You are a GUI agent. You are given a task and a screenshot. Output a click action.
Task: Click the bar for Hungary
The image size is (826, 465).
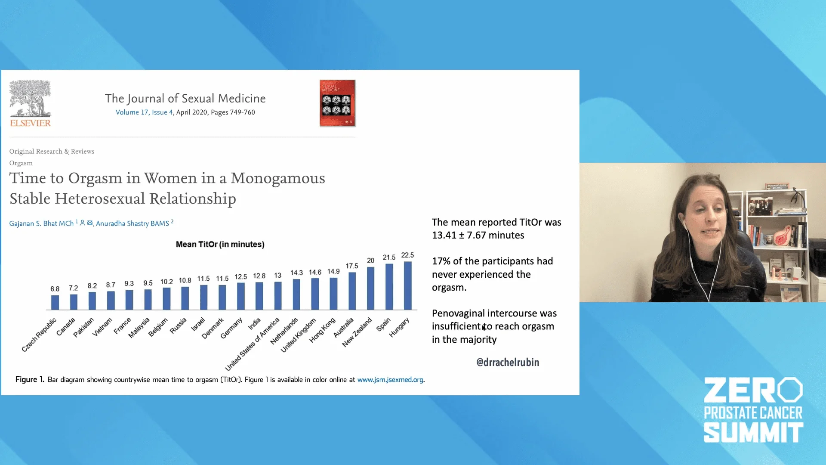[x=407, y=285]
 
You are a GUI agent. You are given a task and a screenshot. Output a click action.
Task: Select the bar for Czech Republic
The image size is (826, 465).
[x=55, y=302]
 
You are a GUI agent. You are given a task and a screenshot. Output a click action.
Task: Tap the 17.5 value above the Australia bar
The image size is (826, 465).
[x=352, y=266]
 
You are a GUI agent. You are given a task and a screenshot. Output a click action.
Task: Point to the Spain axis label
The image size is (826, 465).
[x=383, y=324]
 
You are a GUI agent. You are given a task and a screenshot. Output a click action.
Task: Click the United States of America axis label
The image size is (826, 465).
[x=253, y=344]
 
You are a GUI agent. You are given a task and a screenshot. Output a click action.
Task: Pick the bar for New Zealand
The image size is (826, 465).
[x=370, y=288]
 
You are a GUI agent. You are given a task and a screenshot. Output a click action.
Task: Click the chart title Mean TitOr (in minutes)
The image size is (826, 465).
[x=220, y=244]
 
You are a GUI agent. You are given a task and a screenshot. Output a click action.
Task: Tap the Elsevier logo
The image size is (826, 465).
[x=30, y=103]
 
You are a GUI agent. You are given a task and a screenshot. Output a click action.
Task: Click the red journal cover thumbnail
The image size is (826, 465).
[x=338, y=103]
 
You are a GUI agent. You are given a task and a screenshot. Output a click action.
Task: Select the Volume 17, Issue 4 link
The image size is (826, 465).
[x=144, y=112]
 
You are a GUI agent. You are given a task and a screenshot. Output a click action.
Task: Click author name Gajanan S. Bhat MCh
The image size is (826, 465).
[x=41, y=223]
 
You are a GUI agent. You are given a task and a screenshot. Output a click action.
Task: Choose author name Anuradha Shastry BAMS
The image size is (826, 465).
[x=133, y=223]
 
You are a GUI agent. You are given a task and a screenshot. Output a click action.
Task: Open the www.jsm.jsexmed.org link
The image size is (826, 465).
[x=390, y=380]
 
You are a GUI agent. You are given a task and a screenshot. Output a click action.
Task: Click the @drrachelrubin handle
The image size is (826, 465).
[x=508, y=362]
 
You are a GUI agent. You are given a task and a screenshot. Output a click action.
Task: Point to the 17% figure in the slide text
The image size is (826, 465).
[x=441, y=261]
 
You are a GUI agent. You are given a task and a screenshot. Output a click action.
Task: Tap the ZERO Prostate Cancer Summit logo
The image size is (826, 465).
[x=753, y=410]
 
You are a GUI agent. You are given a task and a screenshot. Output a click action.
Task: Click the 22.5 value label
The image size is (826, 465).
[x=407, y=255]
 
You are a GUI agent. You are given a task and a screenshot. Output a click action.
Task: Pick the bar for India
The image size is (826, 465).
[x=259, y=296]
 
